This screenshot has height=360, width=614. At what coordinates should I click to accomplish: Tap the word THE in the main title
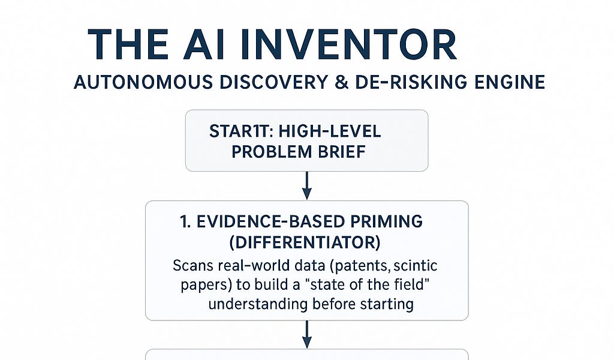(x=128, y=44)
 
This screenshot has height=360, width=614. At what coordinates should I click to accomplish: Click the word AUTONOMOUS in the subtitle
(x=143, y=82)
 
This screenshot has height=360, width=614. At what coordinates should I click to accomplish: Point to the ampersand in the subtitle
(x=341, y=82)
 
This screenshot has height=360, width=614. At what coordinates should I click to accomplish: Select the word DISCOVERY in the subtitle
(x=273, y=82)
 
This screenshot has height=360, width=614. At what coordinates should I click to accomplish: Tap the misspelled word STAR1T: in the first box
(x=241, y=131)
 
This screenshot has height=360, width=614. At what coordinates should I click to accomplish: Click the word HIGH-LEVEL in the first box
(x=330, y=131)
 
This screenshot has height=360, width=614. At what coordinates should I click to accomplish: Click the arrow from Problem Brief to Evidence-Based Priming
(x=307, y=185)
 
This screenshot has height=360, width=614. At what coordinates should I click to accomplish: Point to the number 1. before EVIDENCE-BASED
(x=185, y=222)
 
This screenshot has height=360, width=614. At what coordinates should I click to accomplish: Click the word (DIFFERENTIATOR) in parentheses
(x=305, y=242)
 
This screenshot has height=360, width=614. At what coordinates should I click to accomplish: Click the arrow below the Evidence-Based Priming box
(x=307, y=334)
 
